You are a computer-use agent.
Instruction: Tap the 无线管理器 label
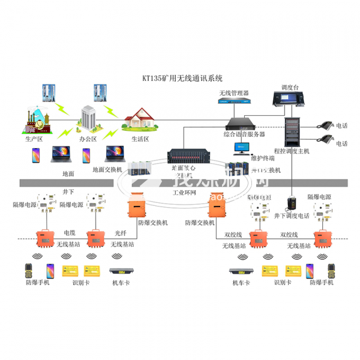coord(233,93)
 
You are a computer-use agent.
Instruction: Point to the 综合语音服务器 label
coord(244,134)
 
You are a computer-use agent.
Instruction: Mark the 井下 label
coord(68,191)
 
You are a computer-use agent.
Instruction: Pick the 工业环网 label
coord(184,193)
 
